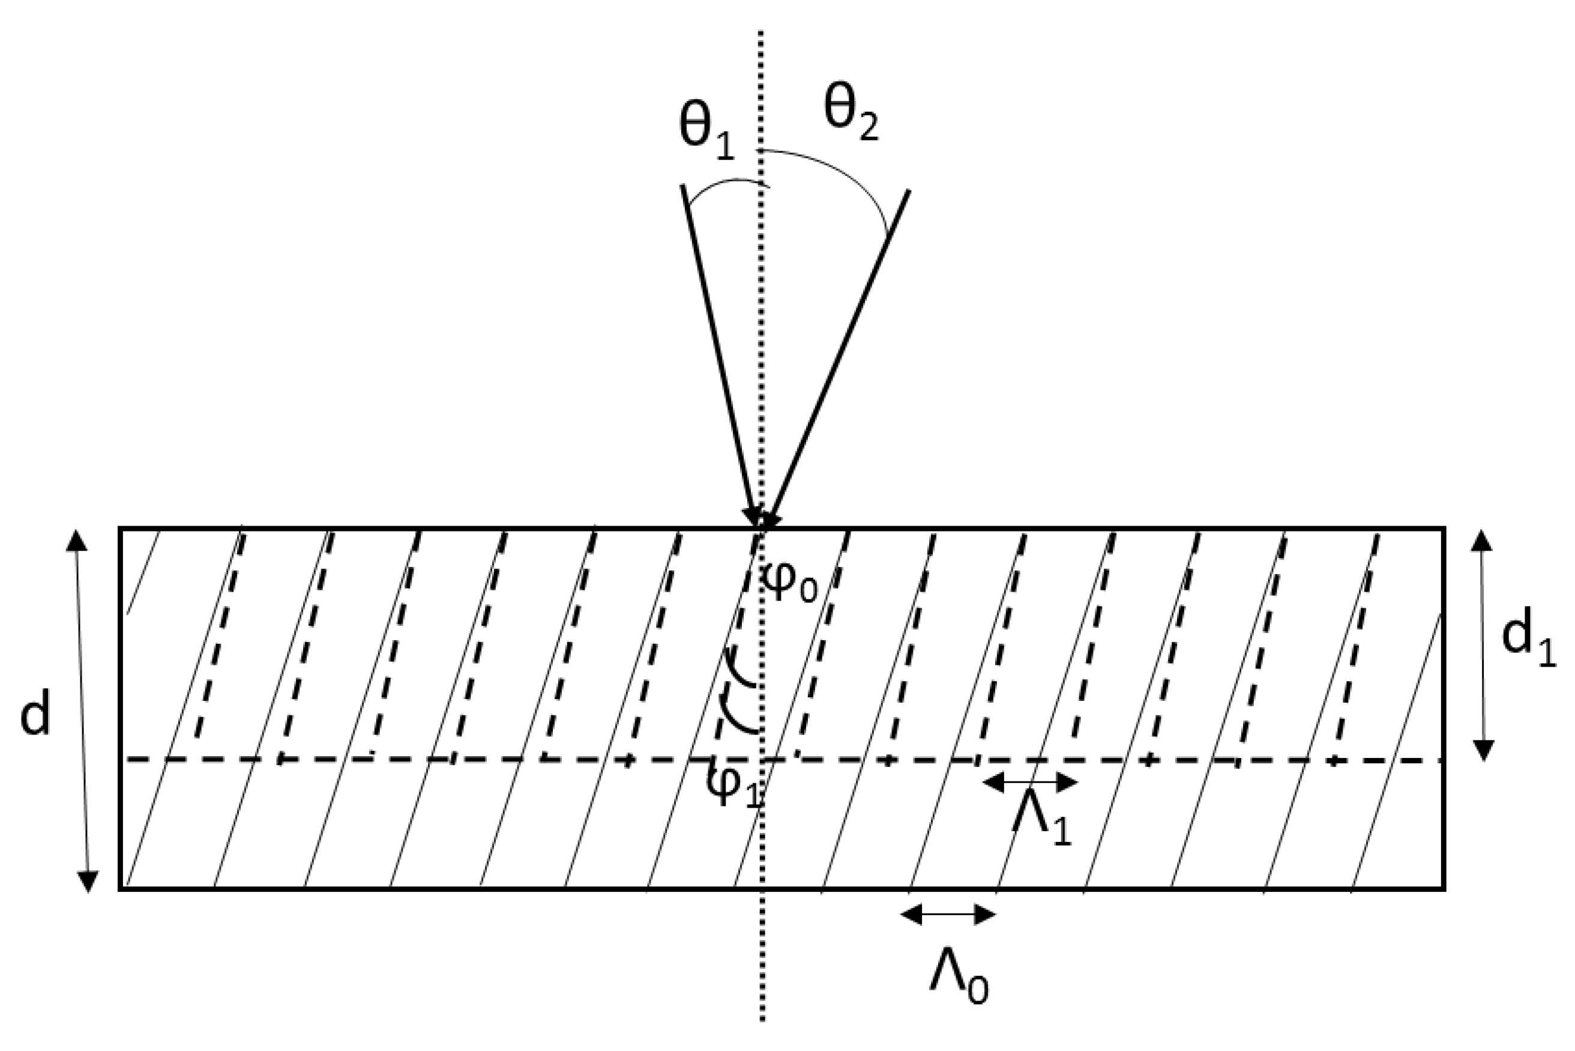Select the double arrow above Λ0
[948, 914]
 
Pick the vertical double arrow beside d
[82, 710]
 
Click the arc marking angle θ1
[727, 184]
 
